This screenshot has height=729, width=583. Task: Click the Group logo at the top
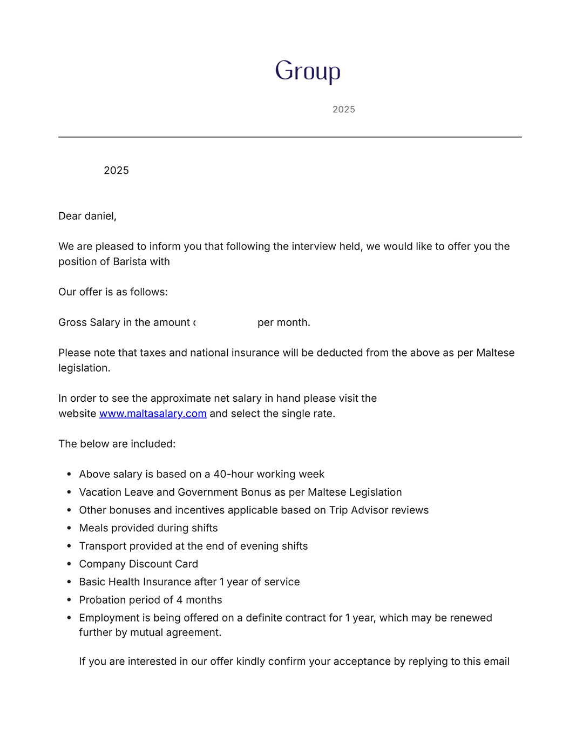(x=308, y=71)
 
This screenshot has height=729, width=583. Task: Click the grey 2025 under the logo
(x=344, y=110)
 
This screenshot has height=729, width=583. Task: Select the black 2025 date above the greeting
(x=116, y=171)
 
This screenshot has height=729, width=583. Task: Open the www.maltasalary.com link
(x=153, y=414)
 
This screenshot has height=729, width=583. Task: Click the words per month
(x=283, y=323)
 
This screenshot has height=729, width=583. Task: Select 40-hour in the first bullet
(x=233, y=474)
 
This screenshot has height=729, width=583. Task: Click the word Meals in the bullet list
(x=94, y=528)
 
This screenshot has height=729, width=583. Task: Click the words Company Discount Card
(x=138, y=564)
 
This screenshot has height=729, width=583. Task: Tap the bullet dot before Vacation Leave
(x=69, y=492)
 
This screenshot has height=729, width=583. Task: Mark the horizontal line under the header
(x=290, y=137)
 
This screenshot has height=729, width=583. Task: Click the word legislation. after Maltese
(x=84, y=368)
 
